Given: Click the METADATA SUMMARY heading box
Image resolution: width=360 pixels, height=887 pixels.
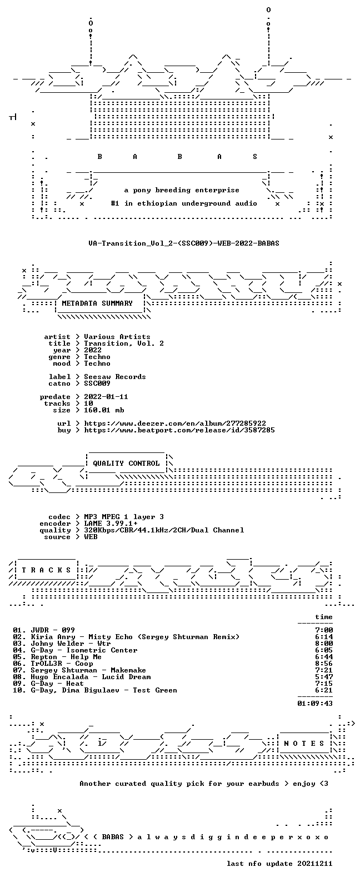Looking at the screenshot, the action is pyautogui.click(x=97, y=303).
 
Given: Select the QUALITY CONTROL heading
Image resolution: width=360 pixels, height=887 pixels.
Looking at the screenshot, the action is pyautogui.click(x=126, y=464).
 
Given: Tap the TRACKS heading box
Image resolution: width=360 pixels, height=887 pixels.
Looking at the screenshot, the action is pyautogui.click(x=46, y=570).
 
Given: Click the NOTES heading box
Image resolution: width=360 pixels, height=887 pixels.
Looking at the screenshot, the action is pyautogui.click(x=304, y=743).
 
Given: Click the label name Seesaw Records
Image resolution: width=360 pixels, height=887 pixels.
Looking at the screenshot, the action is pyautogui.click(x=115, y=377).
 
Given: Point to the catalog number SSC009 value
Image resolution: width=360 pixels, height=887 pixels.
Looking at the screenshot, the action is pyautogui.click(x=97, y=383).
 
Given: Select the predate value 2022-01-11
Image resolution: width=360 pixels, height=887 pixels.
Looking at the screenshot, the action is pyautogui.click(x=106, y=397).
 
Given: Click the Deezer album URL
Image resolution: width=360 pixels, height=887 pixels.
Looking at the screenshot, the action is pyautogui.click(x=175, y=423).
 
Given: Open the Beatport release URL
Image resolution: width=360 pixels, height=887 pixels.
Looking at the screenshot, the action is pyautogui.click(x=179, y=430).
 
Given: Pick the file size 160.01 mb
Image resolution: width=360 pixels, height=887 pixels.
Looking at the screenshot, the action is pyautogui.click(x=104, y=410).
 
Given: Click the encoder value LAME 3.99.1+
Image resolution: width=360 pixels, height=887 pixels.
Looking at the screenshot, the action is pyautogui.click(x=111, y=524).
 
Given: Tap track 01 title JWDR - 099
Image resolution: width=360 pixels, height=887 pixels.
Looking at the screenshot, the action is pyautogui.click(x=53, y=630).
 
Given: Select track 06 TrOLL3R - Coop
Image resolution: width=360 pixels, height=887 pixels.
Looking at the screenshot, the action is pyautogui.click(x=62, y=663).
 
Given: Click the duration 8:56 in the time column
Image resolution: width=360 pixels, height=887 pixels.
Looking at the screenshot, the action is pyautogui.click(x=324, y=663).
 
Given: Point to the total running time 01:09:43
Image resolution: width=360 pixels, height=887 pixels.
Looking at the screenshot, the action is pyautogui.click(x=315, y=703).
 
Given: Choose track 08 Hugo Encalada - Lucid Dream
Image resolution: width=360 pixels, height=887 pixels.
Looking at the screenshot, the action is pyautogui.click(x=91, y=677).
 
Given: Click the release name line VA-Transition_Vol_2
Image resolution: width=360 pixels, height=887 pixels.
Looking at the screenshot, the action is pyautogui.click(x=184, y=243).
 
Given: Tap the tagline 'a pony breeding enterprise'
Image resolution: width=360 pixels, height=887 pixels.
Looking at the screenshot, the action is pyautogui.click(x=182, y=190).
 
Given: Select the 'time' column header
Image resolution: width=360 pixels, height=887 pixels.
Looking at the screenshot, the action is pyautogui.click(x=324, y=617).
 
